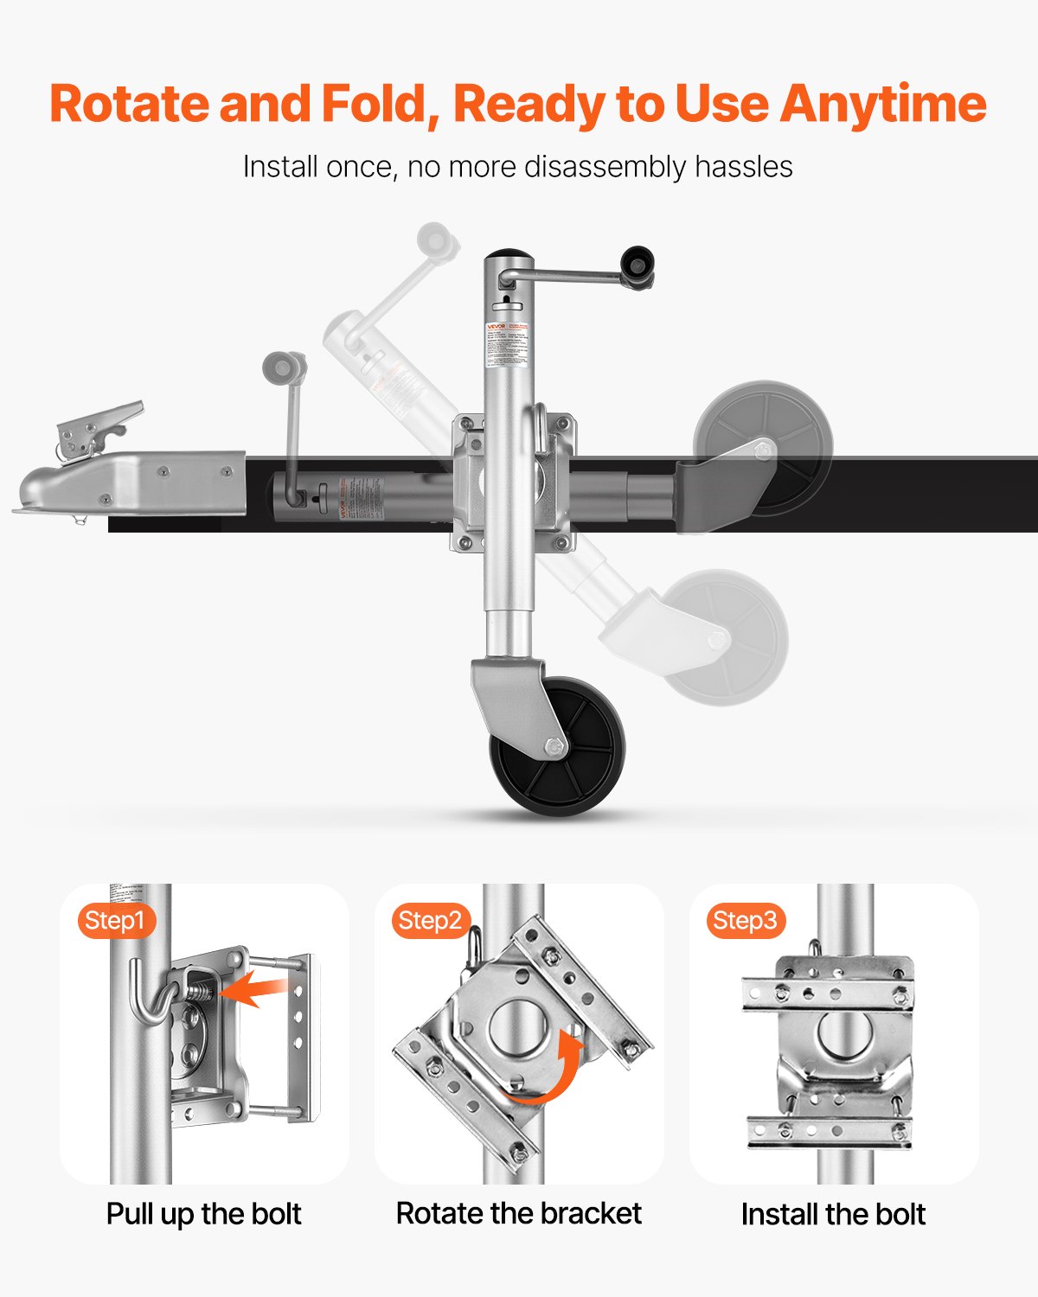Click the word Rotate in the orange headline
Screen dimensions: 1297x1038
pos(131,104)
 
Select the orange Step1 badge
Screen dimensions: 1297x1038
pos(115,920)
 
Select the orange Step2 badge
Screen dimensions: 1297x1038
pos(430,920)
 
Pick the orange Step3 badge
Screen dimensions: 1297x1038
pos(745,920)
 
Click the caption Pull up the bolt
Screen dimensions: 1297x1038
pos(203,1214)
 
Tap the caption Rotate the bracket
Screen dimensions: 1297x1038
pos(518,1213)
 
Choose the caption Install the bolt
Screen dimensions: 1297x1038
pos(833,1214)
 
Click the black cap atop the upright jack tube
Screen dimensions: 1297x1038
pos(509,257)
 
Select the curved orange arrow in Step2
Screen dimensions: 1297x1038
pos(554,1072)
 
